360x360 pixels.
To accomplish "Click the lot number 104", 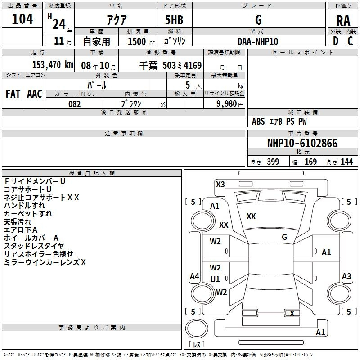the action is [22, 18].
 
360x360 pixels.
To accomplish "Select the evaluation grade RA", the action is [343, 21].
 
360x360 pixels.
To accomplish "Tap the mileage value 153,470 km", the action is [53, 65].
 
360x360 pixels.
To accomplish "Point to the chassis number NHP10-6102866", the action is [302, 143].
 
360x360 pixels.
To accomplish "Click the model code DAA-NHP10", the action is [257, 41].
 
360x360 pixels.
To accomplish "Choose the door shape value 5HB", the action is [174, 20].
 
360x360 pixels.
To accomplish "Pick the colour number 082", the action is [74, 104].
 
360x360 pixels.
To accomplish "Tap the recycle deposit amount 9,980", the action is [226, 103].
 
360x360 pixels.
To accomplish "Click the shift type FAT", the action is [13, 94].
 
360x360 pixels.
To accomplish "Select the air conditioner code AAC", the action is [35, 94].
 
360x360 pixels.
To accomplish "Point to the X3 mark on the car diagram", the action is [220, 184].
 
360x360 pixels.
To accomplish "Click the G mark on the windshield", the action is [284, 237].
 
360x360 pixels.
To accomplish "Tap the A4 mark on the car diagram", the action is [194, 276].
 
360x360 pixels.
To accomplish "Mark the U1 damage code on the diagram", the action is [215, 279].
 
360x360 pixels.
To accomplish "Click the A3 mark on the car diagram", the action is [346, 276].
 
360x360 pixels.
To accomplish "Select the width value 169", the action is [310, 162].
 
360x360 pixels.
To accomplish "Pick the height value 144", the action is [346, 162].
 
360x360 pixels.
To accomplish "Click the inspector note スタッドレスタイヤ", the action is [34, 246].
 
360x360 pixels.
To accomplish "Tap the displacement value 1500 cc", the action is [141, 41].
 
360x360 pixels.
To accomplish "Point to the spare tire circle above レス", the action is [197, 328].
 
